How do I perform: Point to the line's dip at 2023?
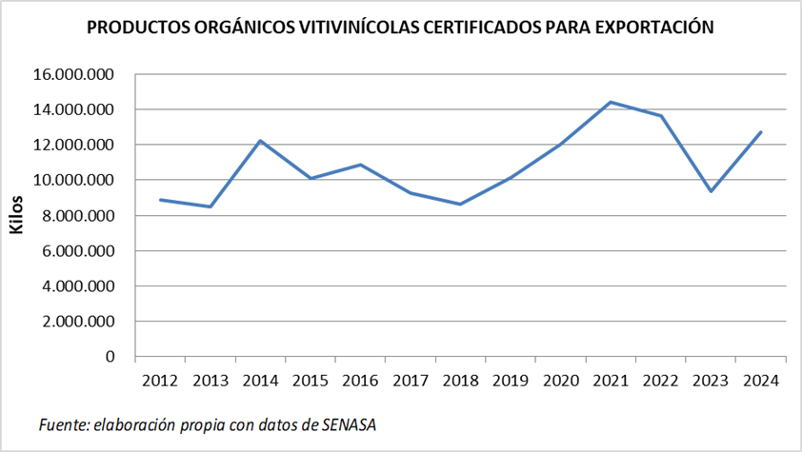711,191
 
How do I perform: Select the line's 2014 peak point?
260,141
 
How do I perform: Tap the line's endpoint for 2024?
760,132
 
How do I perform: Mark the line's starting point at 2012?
160,200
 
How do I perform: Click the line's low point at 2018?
460,205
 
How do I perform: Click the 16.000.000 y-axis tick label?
73,74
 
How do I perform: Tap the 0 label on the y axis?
110,357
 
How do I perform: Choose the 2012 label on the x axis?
160,381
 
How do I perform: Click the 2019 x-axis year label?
511,381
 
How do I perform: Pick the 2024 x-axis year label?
760,381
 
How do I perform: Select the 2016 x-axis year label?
360,381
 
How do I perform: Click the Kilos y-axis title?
16,216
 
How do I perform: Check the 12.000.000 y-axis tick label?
73,145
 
